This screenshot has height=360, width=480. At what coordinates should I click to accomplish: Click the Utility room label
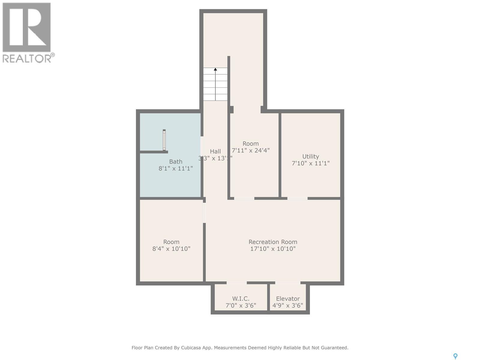pos(310,156)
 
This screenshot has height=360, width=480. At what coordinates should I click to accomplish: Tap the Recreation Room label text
pos(273,242)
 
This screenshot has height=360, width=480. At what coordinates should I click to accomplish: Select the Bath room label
pos(175,162)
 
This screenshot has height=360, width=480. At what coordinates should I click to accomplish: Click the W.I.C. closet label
pos(241,298)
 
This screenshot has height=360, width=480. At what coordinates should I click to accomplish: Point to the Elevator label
pos(288,298)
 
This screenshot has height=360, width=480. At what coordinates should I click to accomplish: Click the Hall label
pos(215,151)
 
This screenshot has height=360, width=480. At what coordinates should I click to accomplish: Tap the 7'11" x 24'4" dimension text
pos(250,150)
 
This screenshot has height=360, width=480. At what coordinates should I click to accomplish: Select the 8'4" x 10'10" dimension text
pos(171,249)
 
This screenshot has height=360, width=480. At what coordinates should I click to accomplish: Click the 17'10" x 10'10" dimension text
pos(273,249)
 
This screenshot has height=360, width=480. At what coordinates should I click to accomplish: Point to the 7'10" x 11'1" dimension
pos(310,163)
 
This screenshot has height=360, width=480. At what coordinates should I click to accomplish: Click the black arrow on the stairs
pos(215,69)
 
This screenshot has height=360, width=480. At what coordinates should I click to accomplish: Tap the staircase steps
pos(215,87)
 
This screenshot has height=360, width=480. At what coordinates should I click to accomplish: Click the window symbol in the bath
pos(164,140)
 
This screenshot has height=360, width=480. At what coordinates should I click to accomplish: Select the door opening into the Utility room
pos(297,198)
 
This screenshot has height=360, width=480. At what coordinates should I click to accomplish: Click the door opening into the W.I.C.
pos(236,283)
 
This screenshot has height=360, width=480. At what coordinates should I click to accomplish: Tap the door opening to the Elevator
pos(287,283)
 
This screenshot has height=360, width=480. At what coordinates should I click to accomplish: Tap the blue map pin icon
pos(455,356)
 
